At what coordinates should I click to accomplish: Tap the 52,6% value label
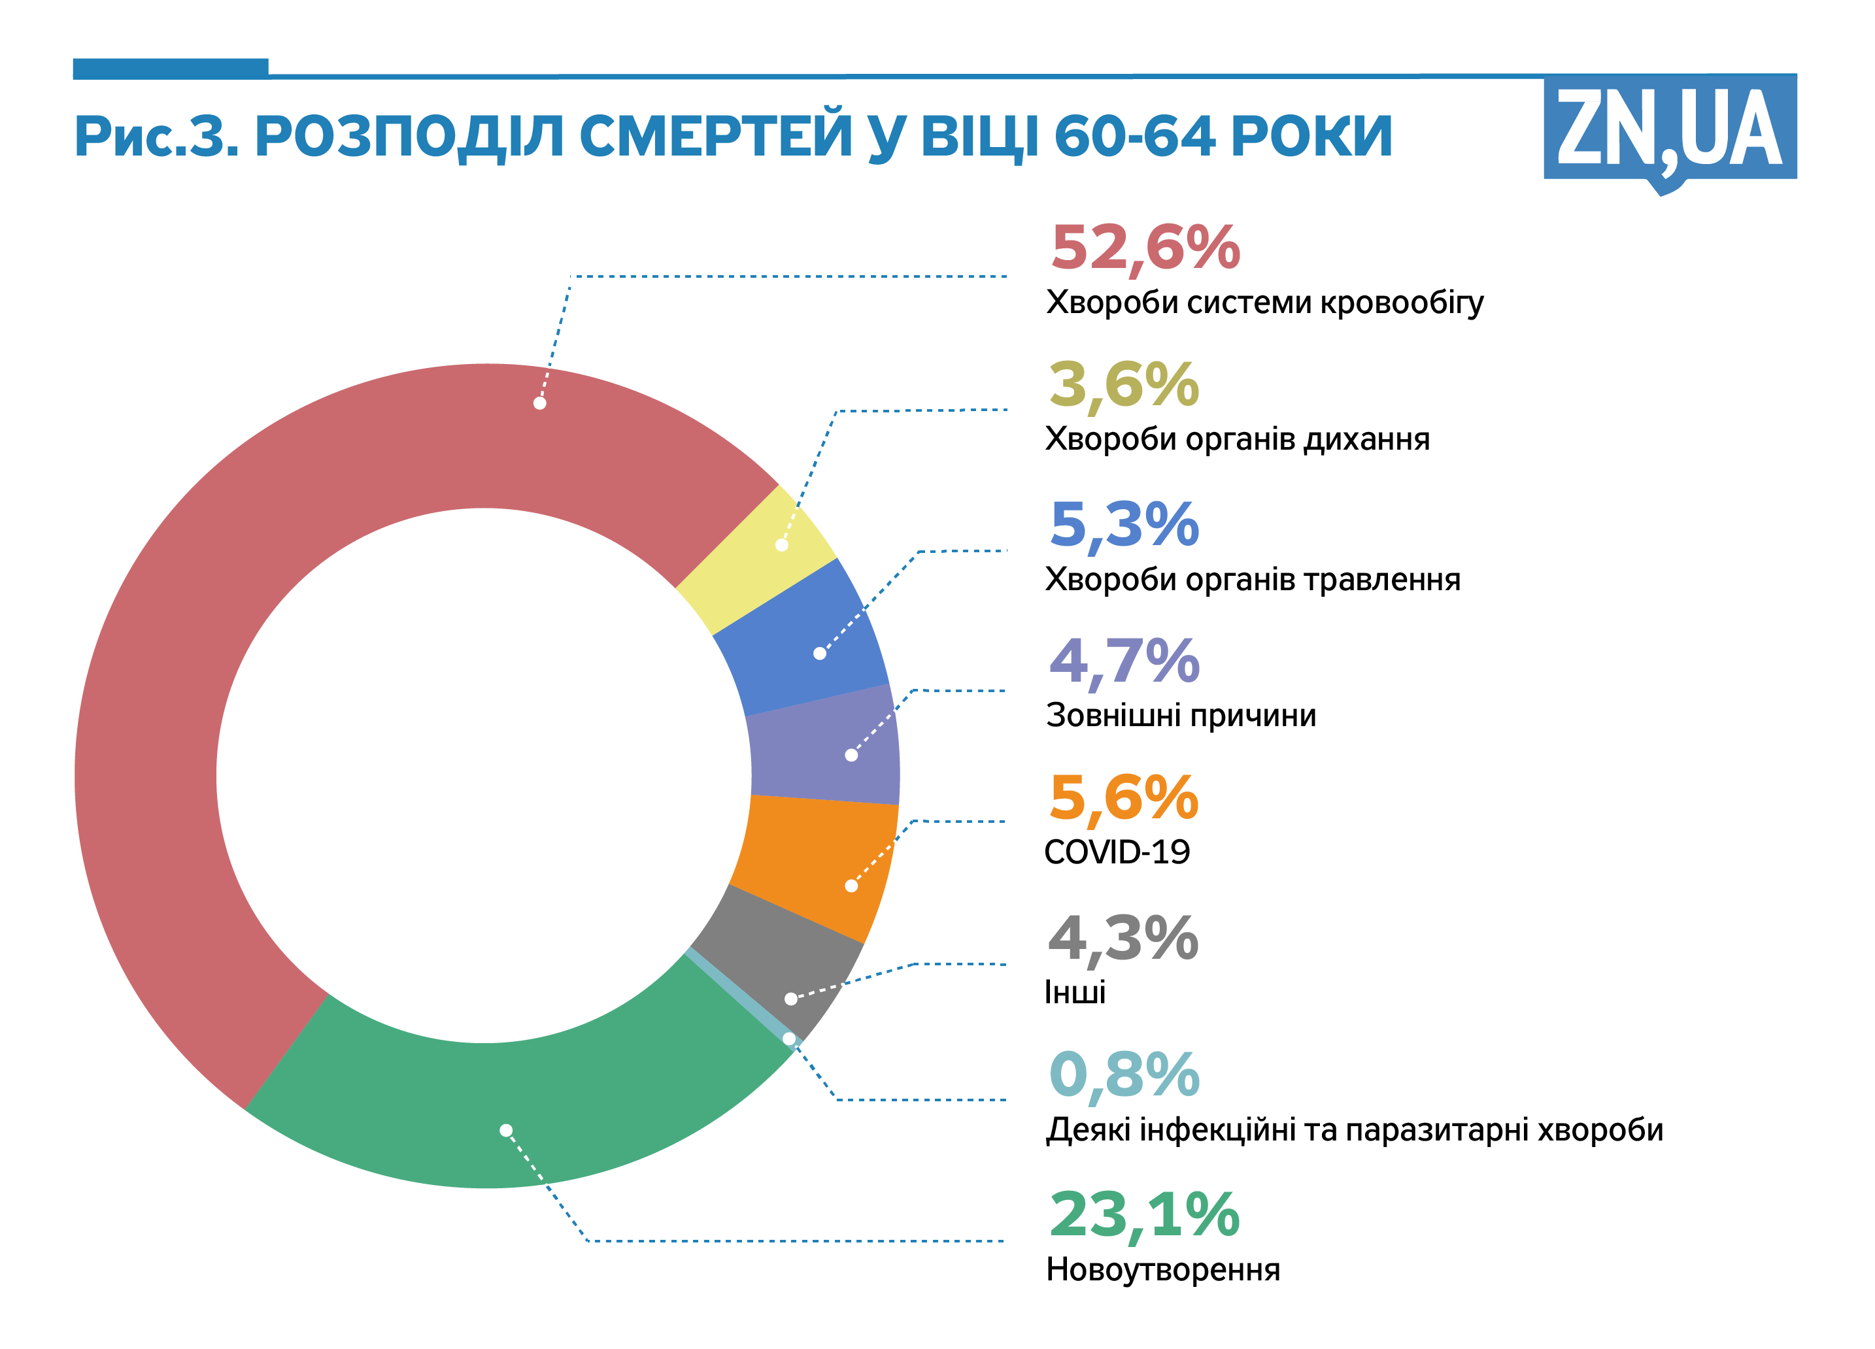pos(1145,247)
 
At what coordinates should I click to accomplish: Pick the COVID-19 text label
pos(1116,852)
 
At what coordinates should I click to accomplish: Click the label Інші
pos(1075,992)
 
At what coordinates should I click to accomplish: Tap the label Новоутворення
pos(1162,1270)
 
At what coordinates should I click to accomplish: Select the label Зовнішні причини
pos(1181,715)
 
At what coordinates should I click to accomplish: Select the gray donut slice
pos(777,959)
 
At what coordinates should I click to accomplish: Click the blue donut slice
pos(802,637)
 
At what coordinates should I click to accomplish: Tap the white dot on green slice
pos(506,1130)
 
